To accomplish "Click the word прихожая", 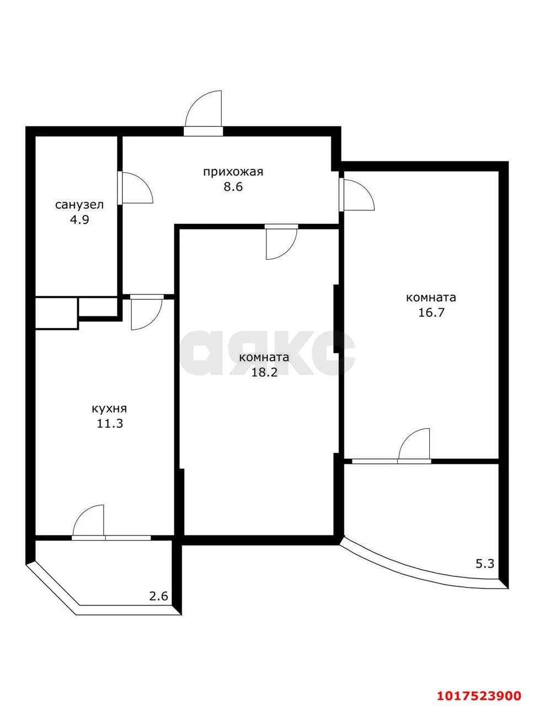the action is coord(233,173).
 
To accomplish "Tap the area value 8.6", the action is coord(233,187).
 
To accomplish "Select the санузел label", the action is coord(79,205).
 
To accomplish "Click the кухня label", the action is coord(109,409).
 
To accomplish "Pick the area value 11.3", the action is coord(110,424).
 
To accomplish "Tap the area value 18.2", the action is coord(264,372).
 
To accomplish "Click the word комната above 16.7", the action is coord(431,297).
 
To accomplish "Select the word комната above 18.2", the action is coord(264,357).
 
